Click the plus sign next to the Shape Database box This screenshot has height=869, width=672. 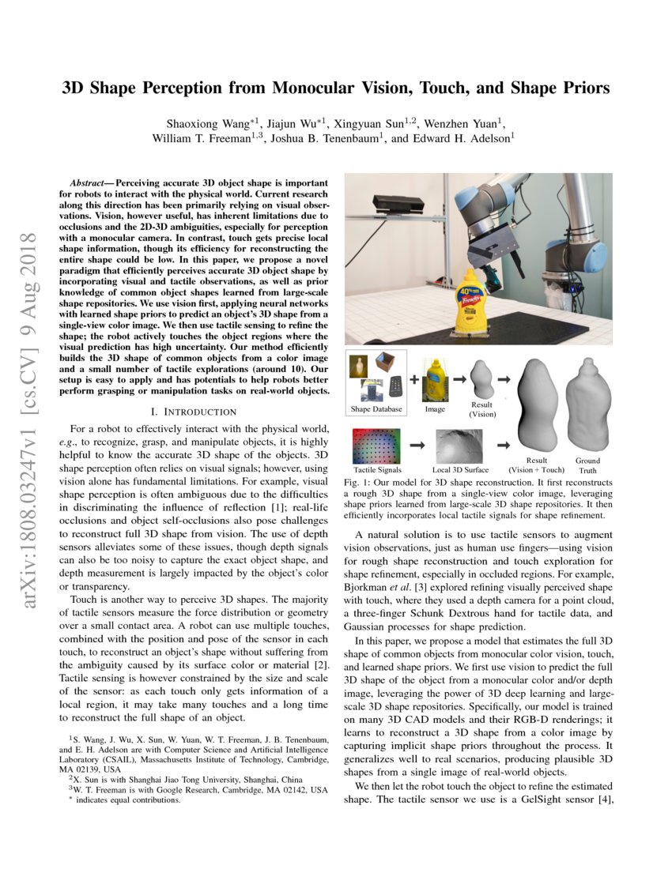414,378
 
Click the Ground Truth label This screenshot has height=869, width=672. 587,465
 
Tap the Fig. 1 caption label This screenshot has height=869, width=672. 359,482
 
